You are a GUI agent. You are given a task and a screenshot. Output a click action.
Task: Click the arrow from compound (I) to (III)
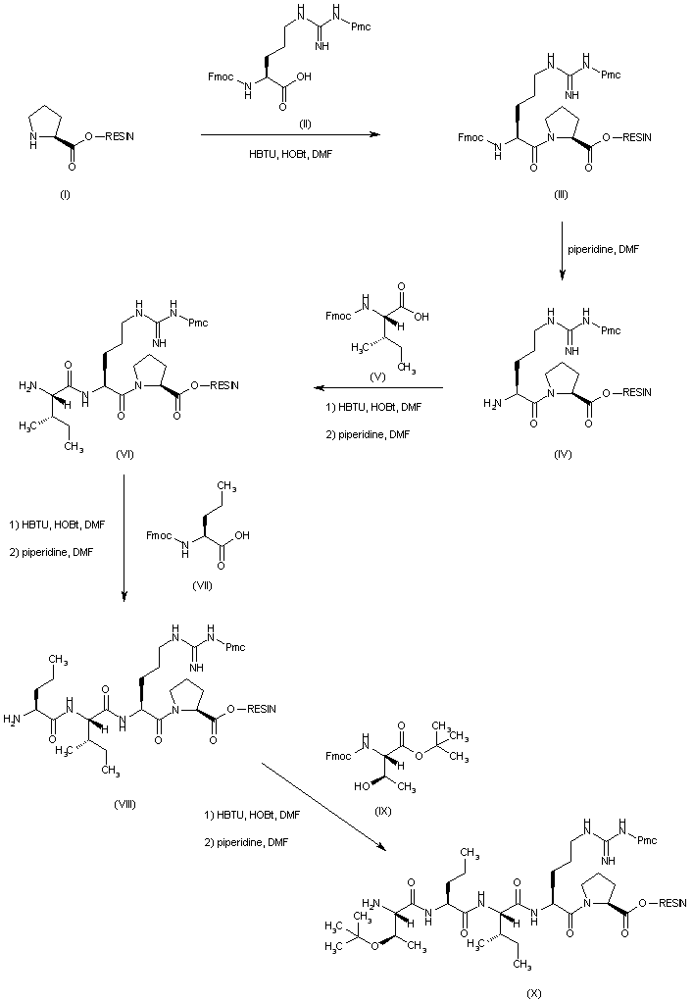[290, 136]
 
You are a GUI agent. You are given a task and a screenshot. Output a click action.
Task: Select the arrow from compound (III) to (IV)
[561, 254]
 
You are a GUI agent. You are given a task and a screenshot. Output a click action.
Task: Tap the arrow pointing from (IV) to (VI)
[372, 388]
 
